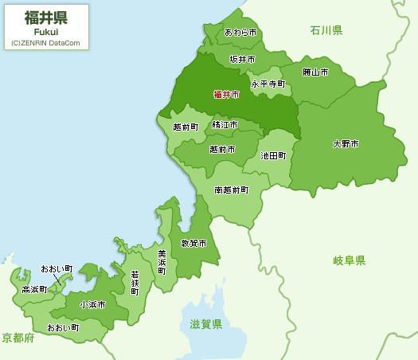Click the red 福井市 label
(x=226, y=94)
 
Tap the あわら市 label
(x=240, y=33)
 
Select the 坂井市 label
(x=242, y=59)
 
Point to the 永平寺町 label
(x=268, y=83)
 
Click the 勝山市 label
(x=315, y=72)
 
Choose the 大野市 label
(x=346, y=144)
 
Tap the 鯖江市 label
(x=225, y=125)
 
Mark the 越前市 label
(x=222, y=149)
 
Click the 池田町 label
(x=273, y=156)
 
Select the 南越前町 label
(x=231, y=190)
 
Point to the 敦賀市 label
(x=193, y=243)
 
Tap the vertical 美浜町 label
(x=162, y=262)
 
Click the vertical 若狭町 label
(x=135, y=283)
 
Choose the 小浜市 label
(x=92, y=304)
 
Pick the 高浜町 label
(x=34, y=289)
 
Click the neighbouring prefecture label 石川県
(x=326, y=30)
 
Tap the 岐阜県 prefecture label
(x=349, y=260)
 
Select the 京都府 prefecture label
(x=18, y=338)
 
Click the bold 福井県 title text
(x=46, y=18)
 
